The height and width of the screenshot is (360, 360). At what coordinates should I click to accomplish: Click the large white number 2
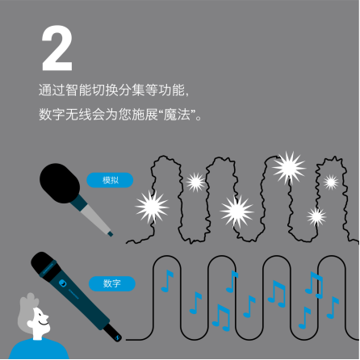tap(57, 48)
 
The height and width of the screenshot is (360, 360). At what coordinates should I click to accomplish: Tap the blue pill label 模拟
tap(111, 179)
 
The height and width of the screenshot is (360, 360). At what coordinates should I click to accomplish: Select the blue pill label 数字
tap(111, 283)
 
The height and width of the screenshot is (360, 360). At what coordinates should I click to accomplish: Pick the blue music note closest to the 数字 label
tap(167, 279)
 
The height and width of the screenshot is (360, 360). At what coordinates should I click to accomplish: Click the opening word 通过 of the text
tap(48, 87)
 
